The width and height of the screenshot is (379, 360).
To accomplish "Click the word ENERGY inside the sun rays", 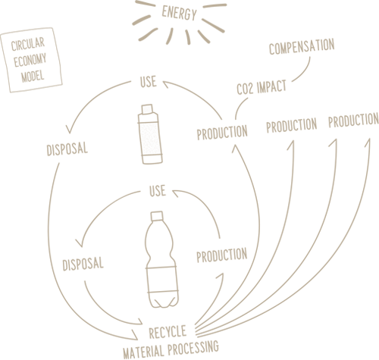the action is coord(179,13).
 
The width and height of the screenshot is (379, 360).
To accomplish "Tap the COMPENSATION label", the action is coord(302,46).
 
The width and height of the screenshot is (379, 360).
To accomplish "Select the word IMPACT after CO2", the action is coord(271,87).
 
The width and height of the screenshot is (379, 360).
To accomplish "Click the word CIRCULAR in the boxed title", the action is coord(28,44).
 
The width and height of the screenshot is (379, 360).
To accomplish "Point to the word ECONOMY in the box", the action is coord(30,60).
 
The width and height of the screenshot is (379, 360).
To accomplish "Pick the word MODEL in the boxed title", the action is coord(33,76).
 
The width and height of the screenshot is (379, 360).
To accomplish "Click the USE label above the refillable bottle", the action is coord(149,82).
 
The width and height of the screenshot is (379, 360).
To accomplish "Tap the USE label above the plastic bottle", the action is coord(158,190).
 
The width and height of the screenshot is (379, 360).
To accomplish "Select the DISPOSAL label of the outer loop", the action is coord(67,149).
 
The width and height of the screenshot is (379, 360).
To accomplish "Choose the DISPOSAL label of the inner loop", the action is coord(83,264).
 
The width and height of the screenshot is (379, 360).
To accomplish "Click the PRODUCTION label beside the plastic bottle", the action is coord(222,255).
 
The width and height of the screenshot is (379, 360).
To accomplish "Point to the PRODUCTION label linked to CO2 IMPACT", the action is coord(222,133).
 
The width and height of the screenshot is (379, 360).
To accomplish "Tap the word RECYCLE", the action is coord(168,332).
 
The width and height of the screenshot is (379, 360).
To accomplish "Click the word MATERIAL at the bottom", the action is coord(143,352).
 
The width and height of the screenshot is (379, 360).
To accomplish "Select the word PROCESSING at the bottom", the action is coord(193,347).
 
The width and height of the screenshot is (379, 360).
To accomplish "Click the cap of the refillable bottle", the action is coord(147,109).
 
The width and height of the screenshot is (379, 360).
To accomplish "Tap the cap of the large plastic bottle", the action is coord(157,216).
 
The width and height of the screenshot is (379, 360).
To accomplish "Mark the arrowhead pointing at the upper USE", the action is coord(166,84).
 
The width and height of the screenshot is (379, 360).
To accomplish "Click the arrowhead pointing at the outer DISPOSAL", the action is coord(69,130).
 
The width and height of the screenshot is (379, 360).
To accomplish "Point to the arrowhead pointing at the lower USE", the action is coord(175,193).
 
